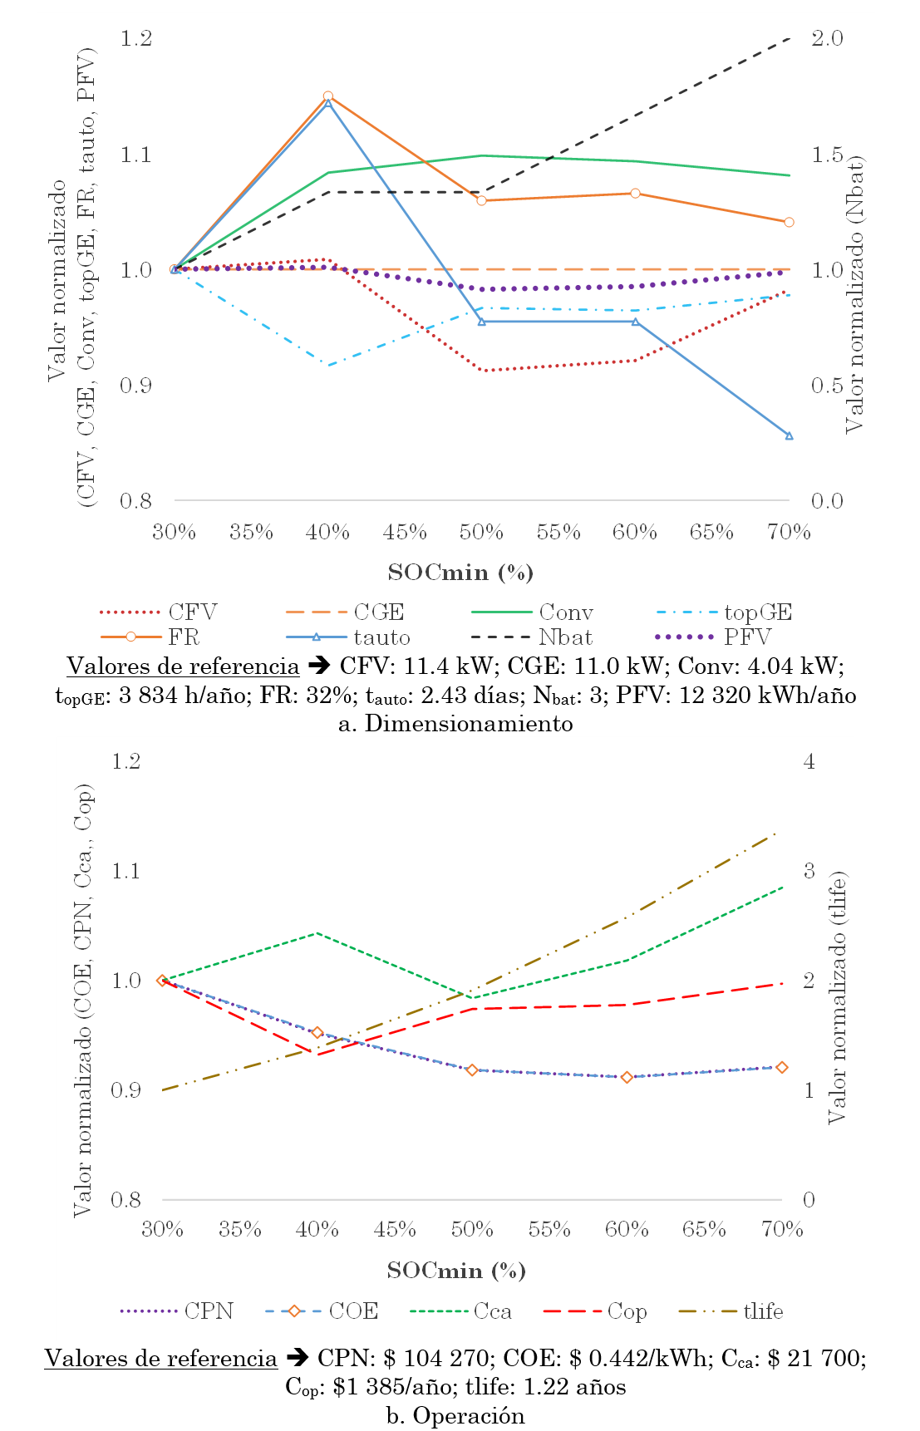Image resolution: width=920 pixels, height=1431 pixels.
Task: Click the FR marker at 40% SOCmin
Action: (328, 96)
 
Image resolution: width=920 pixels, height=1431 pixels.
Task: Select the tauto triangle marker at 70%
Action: (789, 435)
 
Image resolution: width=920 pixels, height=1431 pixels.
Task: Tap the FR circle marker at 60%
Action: (635, 194)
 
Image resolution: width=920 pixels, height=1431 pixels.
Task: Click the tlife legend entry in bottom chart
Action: (731, 1311)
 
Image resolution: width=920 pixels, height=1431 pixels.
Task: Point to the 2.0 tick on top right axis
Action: (827, 39)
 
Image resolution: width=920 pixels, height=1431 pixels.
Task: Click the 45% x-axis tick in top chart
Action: (405, 533)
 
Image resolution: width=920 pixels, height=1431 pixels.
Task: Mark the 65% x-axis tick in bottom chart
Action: (704, 1229)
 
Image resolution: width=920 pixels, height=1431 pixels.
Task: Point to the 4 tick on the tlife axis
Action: (809, 761)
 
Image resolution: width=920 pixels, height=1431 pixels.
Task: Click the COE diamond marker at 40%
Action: (317, 1033)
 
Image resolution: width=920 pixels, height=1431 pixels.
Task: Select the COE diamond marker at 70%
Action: (781, 1068)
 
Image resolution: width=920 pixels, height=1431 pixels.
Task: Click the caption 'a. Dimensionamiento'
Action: (455, 724)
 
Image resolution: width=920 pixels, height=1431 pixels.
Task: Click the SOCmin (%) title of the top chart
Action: (460, 573)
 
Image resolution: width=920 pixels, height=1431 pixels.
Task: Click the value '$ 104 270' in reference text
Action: (436, 1359)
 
